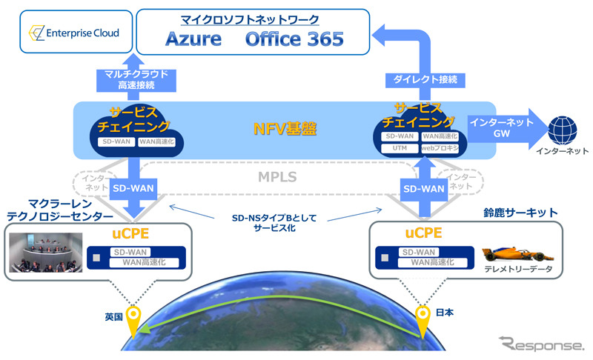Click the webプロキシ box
(440, 148)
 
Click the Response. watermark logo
(540, 344)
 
